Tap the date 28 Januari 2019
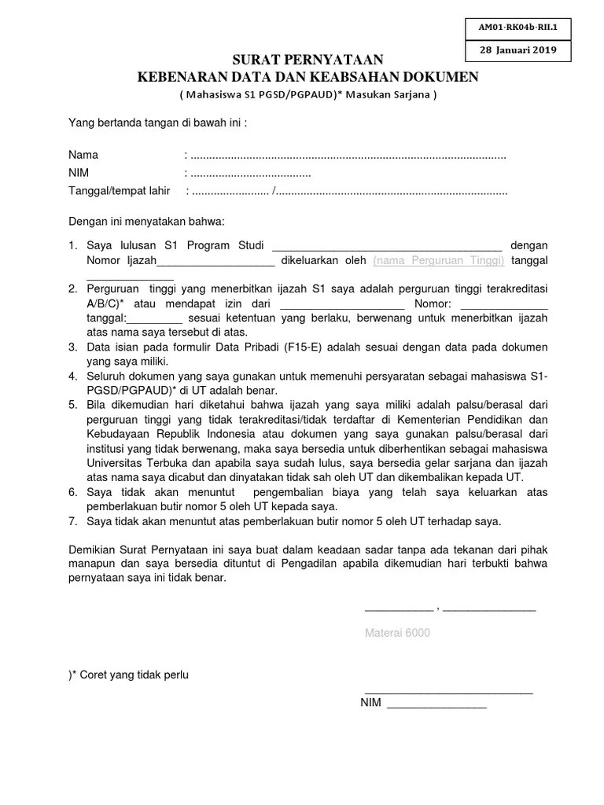click(x=517, y=50)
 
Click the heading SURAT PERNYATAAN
click(x=308, y=61)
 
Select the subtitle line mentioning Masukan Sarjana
click(x=308, y=95)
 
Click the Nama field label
click(x=83, y=155)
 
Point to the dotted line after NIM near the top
click(x=250, y=174)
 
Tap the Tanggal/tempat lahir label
click(x=120, y=191)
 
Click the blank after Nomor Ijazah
click(x=216, y=260)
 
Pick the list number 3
click(x=72, y=347)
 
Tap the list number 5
click(x=72, y=405)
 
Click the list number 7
click(x=72, y=520)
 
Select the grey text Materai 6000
click(x=397, y=633)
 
